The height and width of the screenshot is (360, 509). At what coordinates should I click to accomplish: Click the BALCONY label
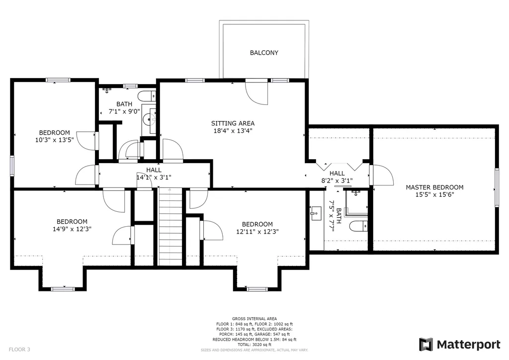pyautogui.click(x=264, y=53)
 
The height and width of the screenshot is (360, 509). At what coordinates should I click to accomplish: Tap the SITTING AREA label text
pyautogui.click(x=233, y=123)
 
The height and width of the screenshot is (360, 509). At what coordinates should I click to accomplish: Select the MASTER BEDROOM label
pyautogui.click(x=434, y=187)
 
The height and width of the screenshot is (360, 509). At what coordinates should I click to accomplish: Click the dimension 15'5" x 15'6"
pyautogui.click(x=434, y=195)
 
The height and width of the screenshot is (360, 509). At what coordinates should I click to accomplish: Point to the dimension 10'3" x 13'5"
pyautogui.click(x=55, y=140)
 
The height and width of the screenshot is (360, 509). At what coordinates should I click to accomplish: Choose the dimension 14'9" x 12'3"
pyautogui.click(x=72, y=229)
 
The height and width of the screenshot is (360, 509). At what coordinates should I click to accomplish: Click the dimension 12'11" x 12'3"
pyautogui.click(x=257, y=231)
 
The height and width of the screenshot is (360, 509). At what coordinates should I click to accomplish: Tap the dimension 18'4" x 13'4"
pyautogui.click(x=233, y=131)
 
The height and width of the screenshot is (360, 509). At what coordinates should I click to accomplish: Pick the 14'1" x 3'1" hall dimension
pyautogui.click(x=154, y=177)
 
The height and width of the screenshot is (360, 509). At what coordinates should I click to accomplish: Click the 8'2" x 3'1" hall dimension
pyautogui.click(x=337, y=181)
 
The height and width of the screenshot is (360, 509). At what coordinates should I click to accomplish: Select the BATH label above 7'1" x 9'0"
pyautogui.click(x=124, y=104)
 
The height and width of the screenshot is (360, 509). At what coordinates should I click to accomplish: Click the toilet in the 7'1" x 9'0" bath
pyautogui.click(x=147, y=96)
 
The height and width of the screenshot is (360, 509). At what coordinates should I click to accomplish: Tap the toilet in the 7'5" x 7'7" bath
pyautogui.click(x=359, y=226)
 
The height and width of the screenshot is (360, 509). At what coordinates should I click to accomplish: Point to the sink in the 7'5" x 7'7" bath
pyautogui.click(x=316, y=213)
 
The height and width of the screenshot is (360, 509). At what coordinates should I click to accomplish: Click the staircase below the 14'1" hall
pyautogui.click(x=170, y=227)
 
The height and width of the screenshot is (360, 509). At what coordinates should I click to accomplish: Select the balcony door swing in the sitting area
pyautogui.click(x=256, y=92)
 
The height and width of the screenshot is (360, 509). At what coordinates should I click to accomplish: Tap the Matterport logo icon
pyautogui.click(x=426, y=345)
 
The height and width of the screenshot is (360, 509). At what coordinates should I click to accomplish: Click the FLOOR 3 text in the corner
pyautogui.click(x=19, y=349)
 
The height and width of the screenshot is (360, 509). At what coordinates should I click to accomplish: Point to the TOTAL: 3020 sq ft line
pyautogui.click(x=254, y=345)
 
